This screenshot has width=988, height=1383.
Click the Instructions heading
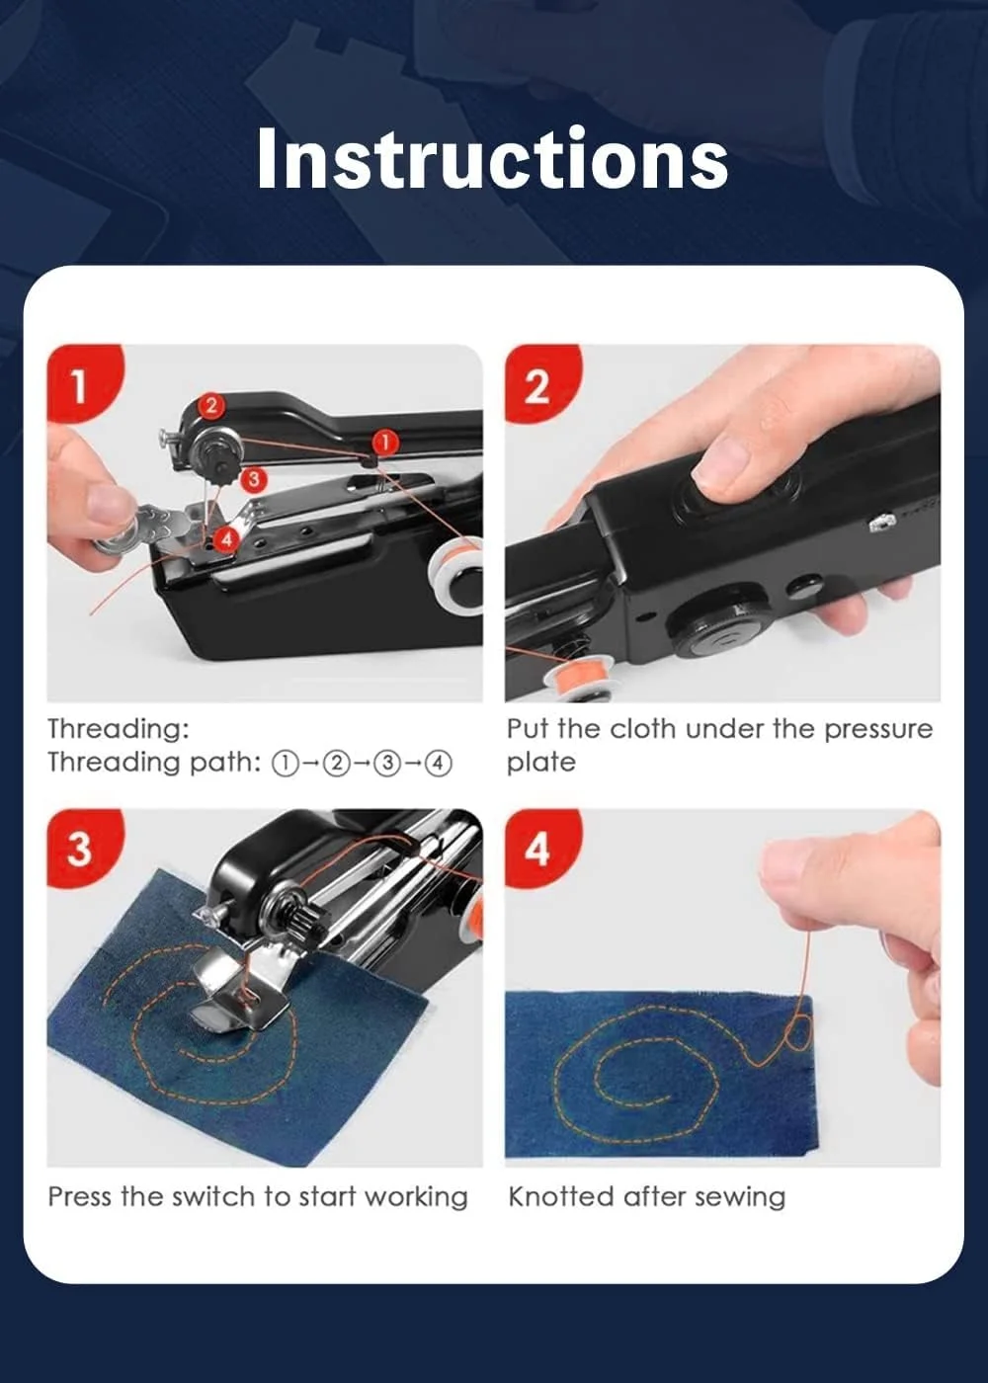point(493,159)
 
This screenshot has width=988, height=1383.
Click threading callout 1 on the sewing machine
point(384,443)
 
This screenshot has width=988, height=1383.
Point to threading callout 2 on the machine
point(211,406)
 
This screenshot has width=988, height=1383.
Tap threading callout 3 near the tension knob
point(253,479)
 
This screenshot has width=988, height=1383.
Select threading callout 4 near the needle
point(226,538)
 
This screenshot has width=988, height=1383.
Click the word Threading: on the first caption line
point(119,730)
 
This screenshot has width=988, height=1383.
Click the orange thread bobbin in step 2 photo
point(576,678)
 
